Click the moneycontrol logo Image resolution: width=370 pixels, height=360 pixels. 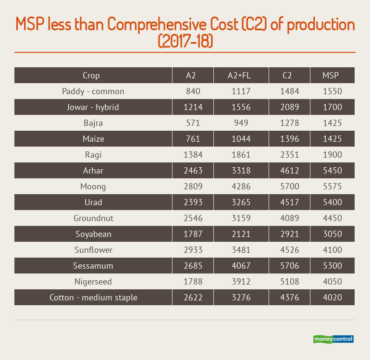(x=333, y=339)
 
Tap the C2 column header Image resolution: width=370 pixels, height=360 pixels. (x=287, y=75)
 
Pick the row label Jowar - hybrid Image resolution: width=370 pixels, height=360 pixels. (x=93, y=107)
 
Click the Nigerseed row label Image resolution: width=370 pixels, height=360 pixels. (x=93, y=282)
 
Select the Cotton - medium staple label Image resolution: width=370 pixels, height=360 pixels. (x=93, y=298)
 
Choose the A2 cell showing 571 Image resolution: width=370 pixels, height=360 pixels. (x=193, y=123)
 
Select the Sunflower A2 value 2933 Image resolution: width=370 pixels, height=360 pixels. (x=193, y=250)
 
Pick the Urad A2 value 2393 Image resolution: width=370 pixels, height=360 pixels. (x=193, y=202)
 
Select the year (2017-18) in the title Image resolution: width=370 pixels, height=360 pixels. (x=185, y=41)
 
